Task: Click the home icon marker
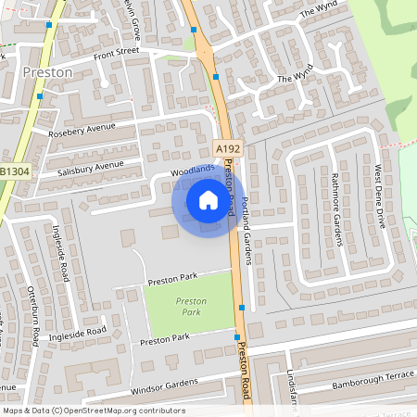208,199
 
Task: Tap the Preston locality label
47,72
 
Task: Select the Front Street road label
116,53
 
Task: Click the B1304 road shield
13,171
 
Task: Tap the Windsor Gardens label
165,385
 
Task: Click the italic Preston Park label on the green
191,307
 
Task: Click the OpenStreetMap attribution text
93,411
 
